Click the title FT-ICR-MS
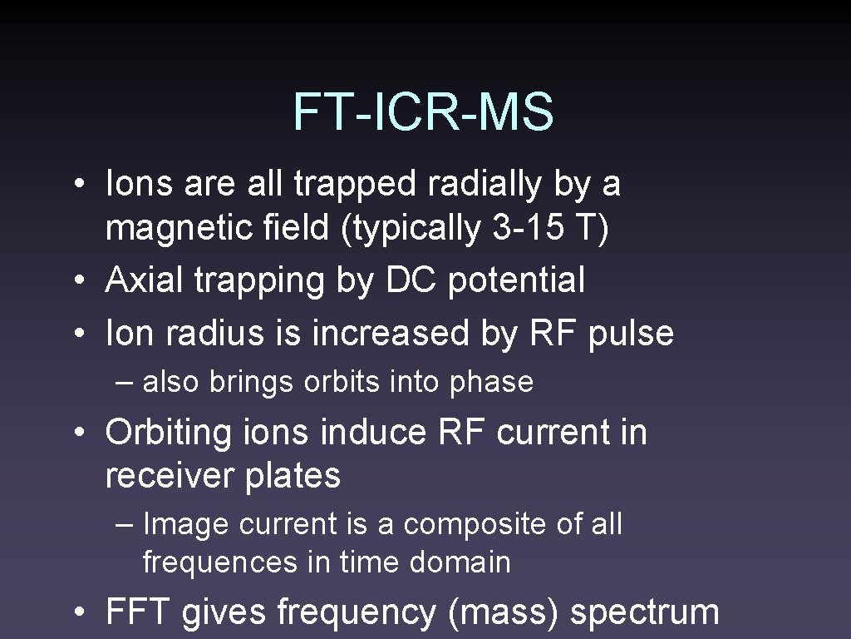click(423, 112)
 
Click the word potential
click(517, 282)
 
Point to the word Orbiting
click(170, 433)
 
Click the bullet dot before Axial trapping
click(78, 282)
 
